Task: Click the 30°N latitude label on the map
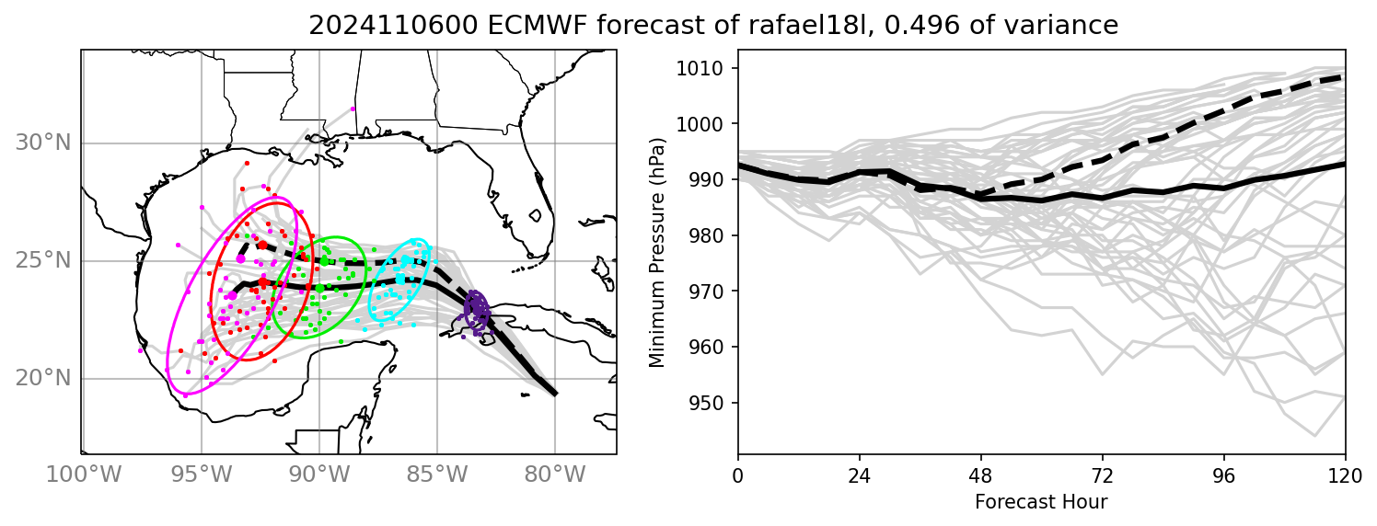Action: pyautogui.click(x=43, y=143)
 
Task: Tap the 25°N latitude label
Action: pyautogui.click(x=43, y=261)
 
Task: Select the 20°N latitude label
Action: pyautogui.click(x=43, y=379)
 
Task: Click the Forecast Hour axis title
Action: pyautogui.click(x=1041, y=502)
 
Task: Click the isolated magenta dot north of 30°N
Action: pyautogui.click(x=353, y=108)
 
